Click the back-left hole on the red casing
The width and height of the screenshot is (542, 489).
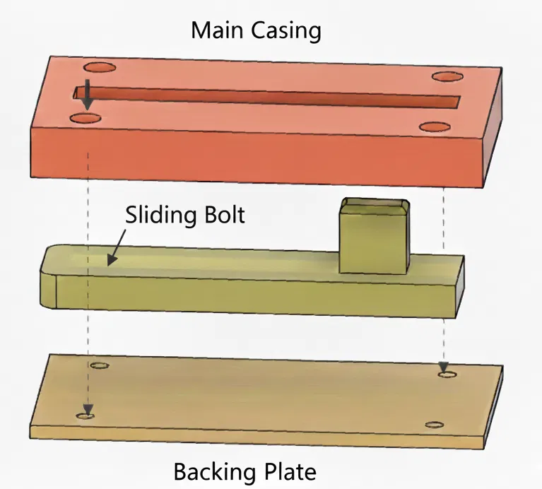click(100, 69)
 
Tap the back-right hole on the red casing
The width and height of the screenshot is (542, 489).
click(445, 76)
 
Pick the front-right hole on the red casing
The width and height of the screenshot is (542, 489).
click(433, 126)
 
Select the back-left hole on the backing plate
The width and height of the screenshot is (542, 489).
click(100, 367)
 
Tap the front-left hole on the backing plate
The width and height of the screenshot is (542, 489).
click(87, 416)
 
